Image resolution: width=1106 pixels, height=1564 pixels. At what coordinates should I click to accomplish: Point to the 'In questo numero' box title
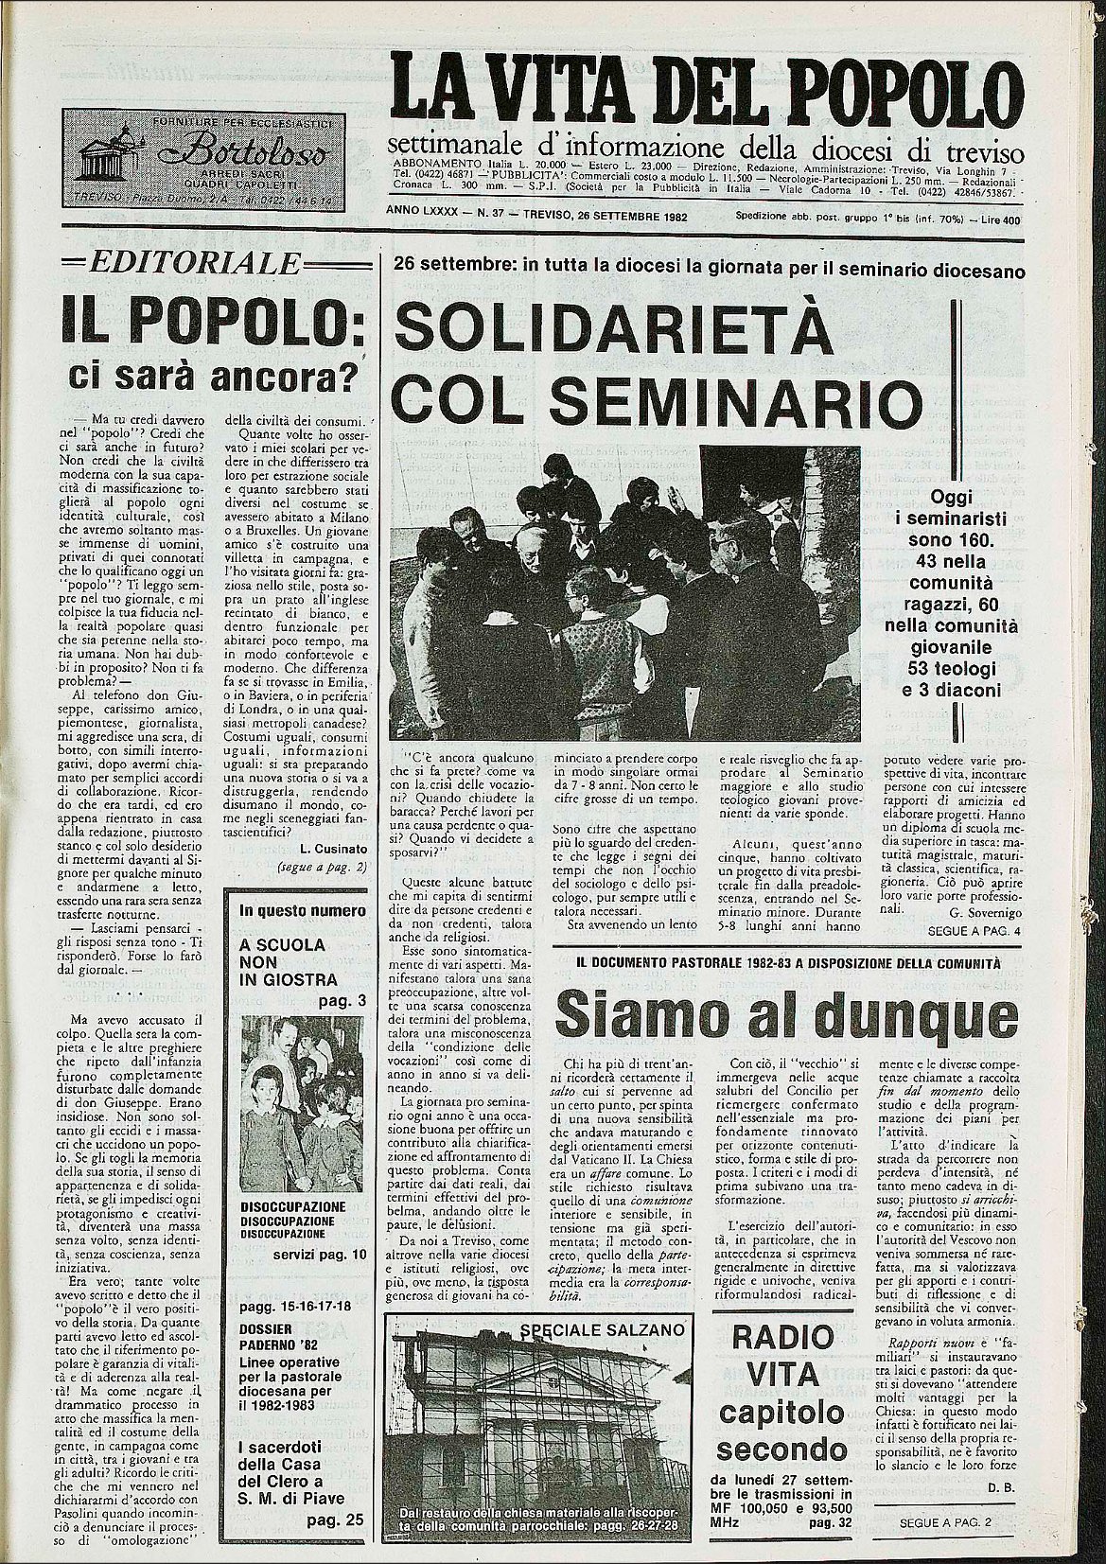click(302, 911)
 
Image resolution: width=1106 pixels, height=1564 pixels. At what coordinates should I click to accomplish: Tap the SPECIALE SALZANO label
click(601, 1329)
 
